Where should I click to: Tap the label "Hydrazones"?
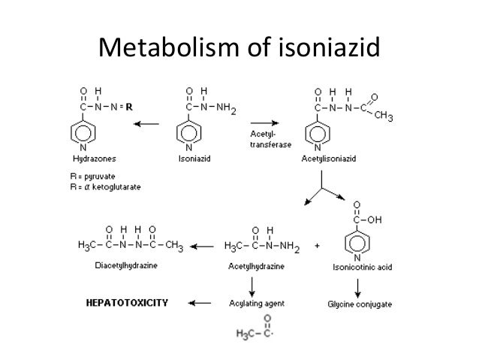coord(94,159)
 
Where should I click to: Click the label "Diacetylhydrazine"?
coord(127,265)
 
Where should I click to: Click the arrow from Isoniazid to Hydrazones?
coord(148,123)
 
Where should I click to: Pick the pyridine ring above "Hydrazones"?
coord(83,134)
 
